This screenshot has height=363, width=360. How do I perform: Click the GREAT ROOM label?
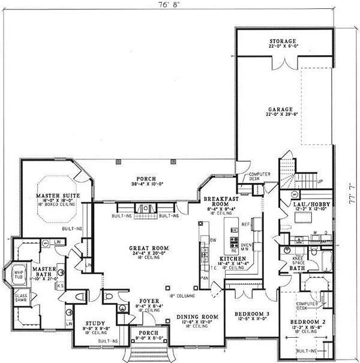coord(148,248)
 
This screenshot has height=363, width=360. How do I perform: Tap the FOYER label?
coord(148,301)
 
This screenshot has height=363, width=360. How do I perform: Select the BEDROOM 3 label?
coord(247,314)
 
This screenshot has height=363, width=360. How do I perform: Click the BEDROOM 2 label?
coord(311,322)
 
